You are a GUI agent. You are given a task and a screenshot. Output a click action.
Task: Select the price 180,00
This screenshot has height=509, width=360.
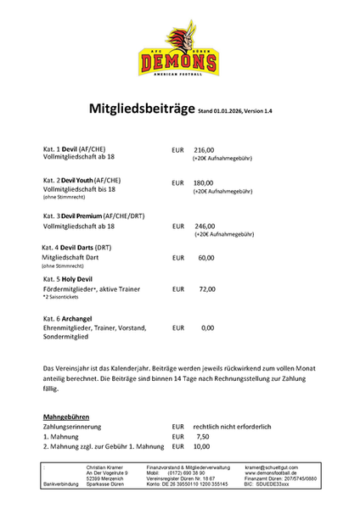[x=204, y=182]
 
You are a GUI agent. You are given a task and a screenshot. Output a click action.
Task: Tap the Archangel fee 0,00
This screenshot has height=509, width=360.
[x=207, y=327]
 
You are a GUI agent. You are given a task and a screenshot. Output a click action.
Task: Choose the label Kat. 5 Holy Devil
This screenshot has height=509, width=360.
[x=68, y=279]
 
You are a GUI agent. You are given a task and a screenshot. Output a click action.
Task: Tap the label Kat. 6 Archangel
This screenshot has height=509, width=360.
[x=67, y=316]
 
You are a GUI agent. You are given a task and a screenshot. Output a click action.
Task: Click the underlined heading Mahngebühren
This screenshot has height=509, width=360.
[x=68, y=418]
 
